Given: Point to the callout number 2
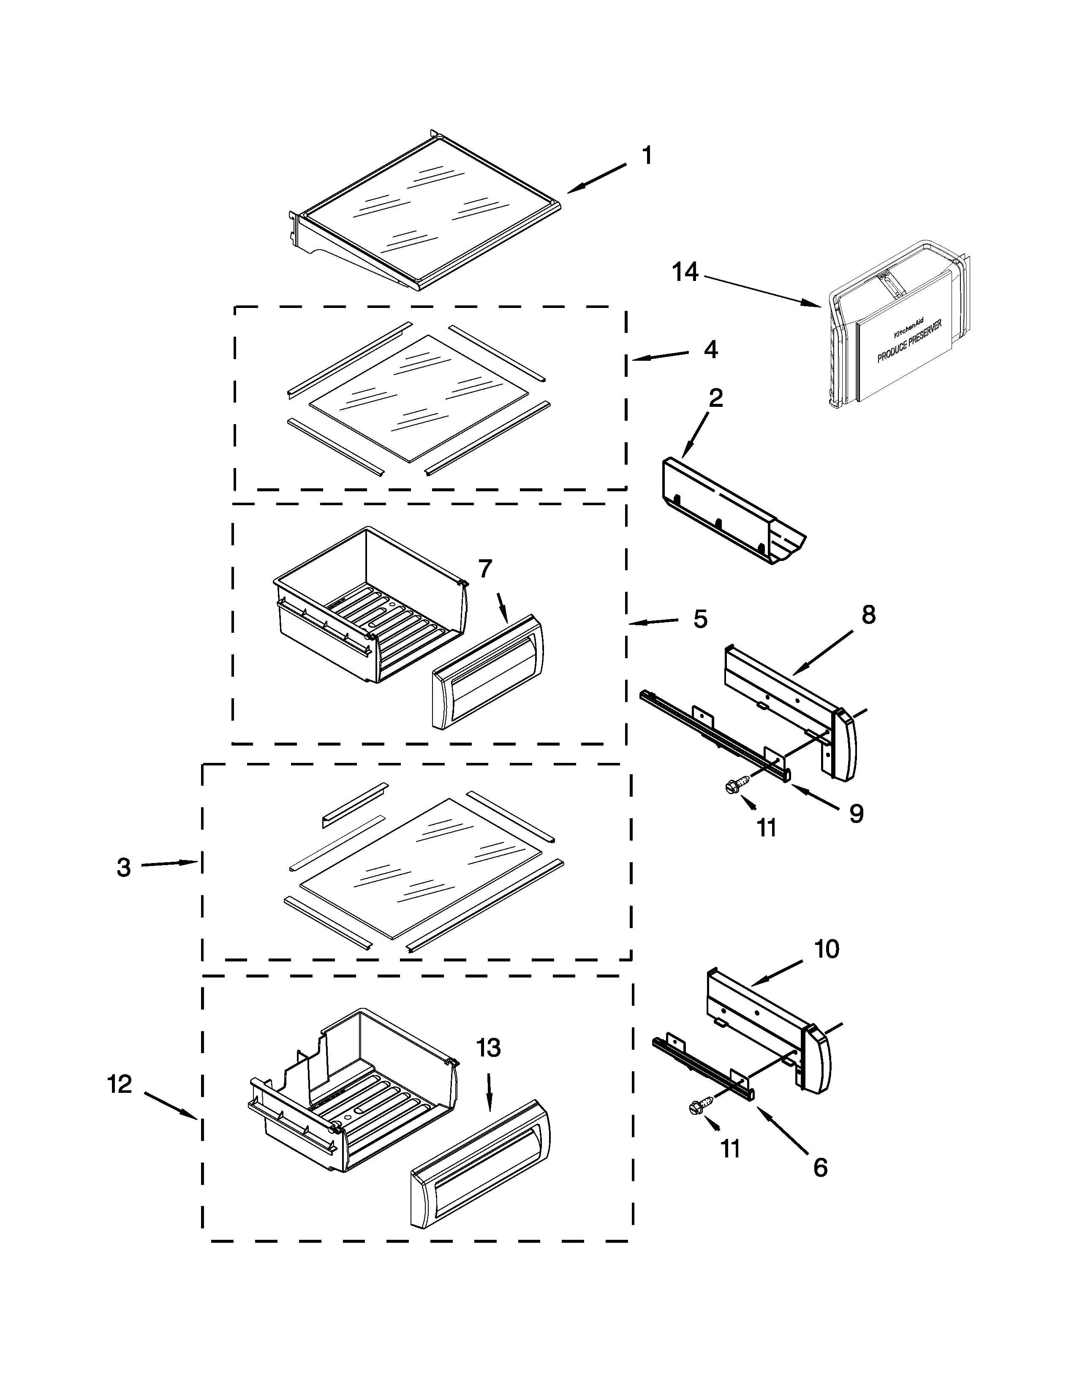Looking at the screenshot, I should click(x=716, y=398).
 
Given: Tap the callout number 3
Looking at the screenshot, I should click(x=124, y=867).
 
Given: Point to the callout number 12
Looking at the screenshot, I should click(x=120, y=1084).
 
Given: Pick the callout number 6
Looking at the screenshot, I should click(x=821, y=1168).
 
